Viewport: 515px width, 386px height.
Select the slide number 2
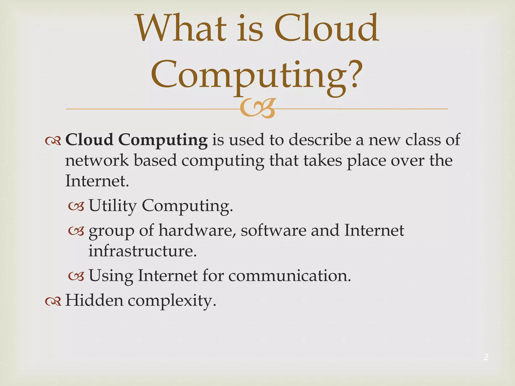486,357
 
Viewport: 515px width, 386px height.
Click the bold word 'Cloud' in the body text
89,139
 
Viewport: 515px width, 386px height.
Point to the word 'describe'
320,139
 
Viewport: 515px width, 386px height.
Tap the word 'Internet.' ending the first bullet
97,181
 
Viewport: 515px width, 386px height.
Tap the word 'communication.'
289,276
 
